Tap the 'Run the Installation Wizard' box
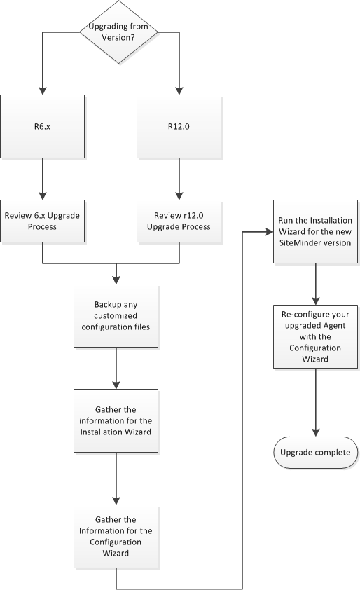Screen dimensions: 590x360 [x=314, y=232]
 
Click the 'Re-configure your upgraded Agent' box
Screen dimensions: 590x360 [x=314, y=336]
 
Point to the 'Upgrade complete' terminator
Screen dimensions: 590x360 [x=314, y=452]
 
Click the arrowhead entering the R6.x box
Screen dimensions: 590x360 [x=43, y=92]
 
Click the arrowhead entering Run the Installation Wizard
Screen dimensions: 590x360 [x=268, y=232]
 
